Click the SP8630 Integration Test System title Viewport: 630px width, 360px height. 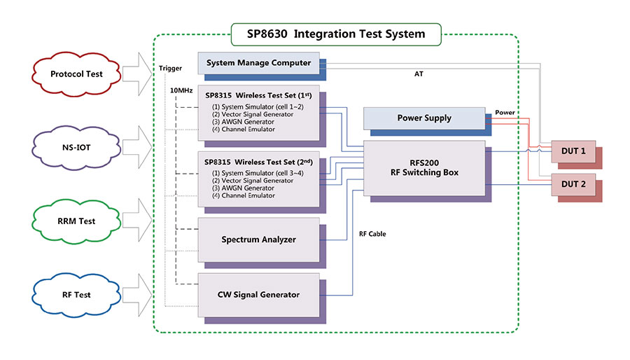(337, 33)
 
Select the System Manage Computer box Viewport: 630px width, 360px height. (258, 63)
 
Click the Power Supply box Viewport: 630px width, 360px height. (424, 118)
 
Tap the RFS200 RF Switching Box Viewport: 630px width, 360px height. (424, 167)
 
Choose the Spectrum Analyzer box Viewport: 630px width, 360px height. (258, 240)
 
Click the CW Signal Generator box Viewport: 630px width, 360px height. (260, 294)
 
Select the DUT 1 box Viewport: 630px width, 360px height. (573, 151)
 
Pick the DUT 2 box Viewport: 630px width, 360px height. (573, 185)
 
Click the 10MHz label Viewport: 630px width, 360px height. (182, 90)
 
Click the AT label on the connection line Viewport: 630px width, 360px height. (419, 74)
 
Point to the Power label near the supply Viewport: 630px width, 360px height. (505, 112)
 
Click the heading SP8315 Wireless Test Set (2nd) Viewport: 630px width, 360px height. (259, 161)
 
